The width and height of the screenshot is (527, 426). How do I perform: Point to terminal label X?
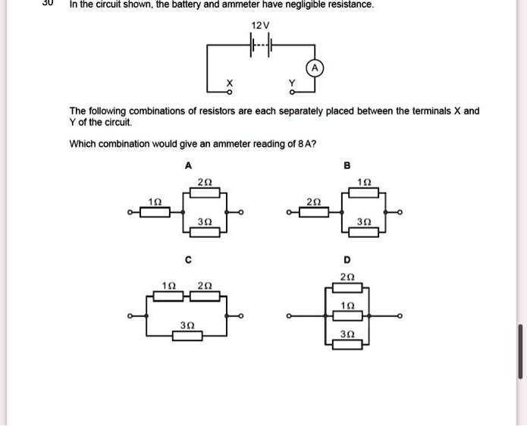pyautogui.click(x=221, y=82)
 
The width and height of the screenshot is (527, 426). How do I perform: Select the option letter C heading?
pyautogui.click(x=188, y=260)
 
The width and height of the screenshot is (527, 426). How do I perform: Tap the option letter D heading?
pyautogui.click(x=347, y=260)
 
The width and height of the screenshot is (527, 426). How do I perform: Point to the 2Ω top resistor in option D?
pyautogui.click(x=347, y=287)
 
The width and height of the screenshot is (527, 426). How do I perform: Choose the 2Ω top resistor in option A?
pyautogui.click(x=204, y=193)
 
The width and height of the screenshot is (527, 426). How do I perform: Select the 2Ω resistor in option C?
pyautogui.click(x=205, y=296)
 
